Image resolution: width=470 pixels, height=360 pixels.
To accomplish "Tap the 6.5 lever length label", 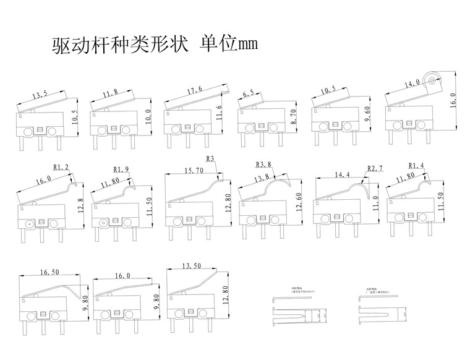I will point(249,94).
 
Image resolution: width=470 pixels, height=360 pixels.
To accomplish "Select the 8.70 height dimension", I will point(293,116).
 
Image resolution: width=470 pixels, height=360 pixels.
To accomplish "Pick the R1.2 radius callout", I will point(61,167).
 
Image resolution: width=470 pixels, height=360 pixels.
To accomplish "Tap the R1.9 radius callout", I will point(121,169).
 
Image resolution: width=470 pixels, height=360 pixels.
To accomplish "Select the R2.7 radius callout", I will point(375,168).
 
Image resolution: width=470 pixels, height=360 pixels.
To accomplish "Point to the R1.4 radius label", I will point(417,165).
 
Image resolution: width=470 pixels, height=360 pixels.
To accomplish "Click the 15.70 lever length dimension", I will point(194,170).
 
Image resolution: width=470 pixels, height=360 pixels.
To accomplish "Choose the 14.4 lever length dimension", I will point(341,176).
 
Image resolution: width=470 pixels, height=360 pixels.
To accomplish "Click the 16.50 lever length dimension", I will point(50,272).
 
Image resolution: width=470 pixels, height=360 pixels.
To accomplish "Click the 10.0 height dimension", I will point(148,117).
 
